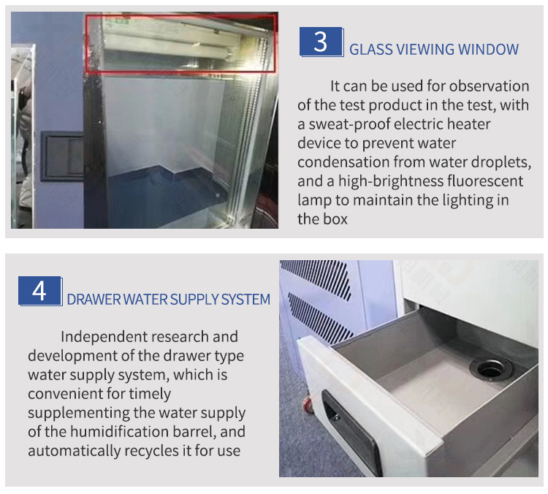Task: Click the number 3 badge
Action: [x=321, y=42]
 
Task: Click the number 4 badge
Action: [x=40, y=292]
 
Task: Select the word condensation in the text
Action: [x=343, y=162]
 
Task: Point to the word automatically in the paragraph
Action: [x=74, y=451]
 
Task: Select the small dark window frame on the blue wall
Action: [x=62, y=156]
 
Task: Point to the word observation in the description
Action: [x=490, y=86]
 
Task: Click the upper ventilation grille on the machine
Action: [x=316, y=278]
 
